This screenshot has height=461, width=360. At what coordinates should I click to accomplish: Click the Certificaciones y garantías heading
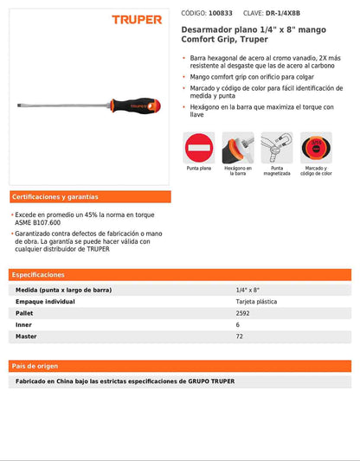coord(55,197)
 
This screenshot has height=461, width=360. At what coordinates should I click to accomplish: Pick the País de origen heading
coord(35,366)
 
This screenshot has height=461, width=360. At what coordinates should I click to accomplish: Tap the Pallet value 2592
coord(242,313)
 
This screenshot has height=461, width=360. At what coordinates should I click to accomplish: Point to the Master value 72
coord(239,336)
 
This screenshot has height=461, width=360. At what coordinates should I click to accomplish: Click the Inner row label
coord(23,324)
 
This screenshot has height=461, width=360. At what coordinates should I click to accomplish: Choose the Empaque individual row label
coord(49,301)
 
